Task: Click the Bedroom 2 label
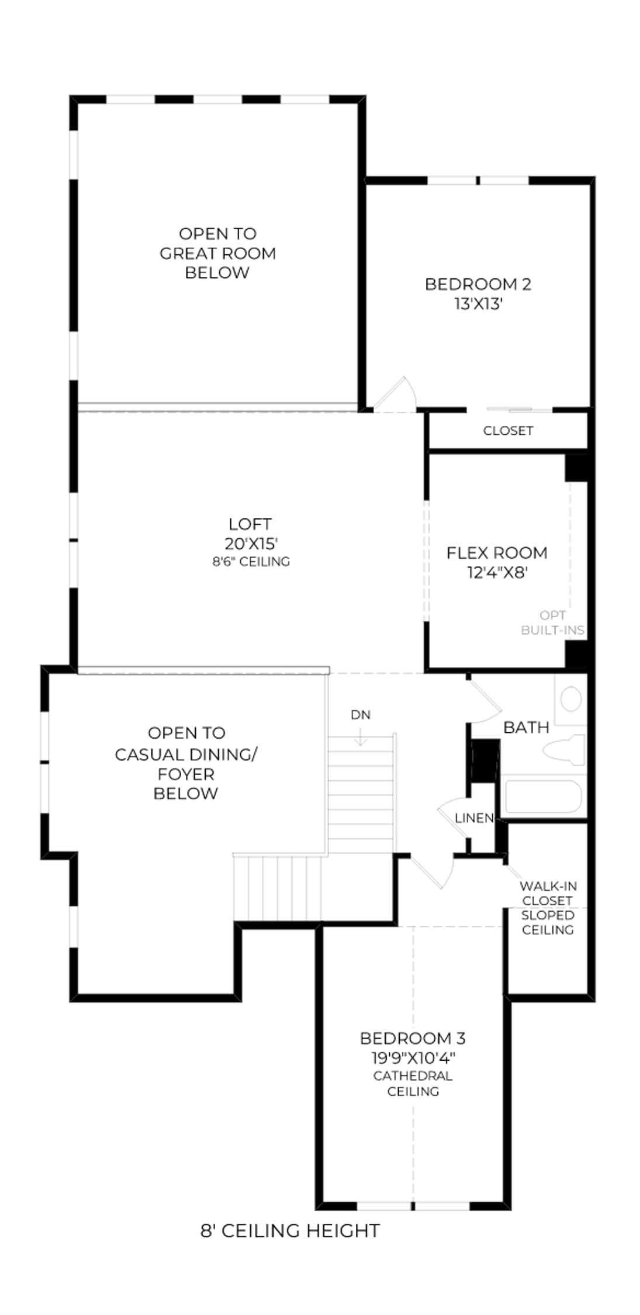pos(478,284)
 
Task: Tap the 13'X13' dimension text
pos(479,304)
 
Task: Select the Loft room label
pos(250,524)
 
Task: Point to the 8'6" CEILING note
pos(251,562)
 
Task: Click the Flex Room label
pos(497,553)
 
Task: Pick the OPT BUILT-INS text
pos(552,623)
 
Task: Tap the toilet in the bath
pos(564,750)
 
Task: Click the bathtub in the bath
pos(544,796)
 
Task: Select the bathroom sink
pos(570,699)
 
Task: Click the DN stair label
pos(361,715)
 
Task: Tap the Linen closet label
pos(474,818)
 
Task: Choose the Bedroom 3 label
pos(413,1039)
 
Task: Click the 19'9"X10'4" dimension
pos(413,1058)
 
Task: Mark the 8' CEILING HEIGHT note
pos(290,1231)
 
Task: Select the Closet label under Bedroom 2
pos(508,431)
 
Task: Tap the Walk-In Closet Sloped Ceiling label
pos(548,908)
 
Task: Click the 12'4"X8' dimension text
pos(497,573)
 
